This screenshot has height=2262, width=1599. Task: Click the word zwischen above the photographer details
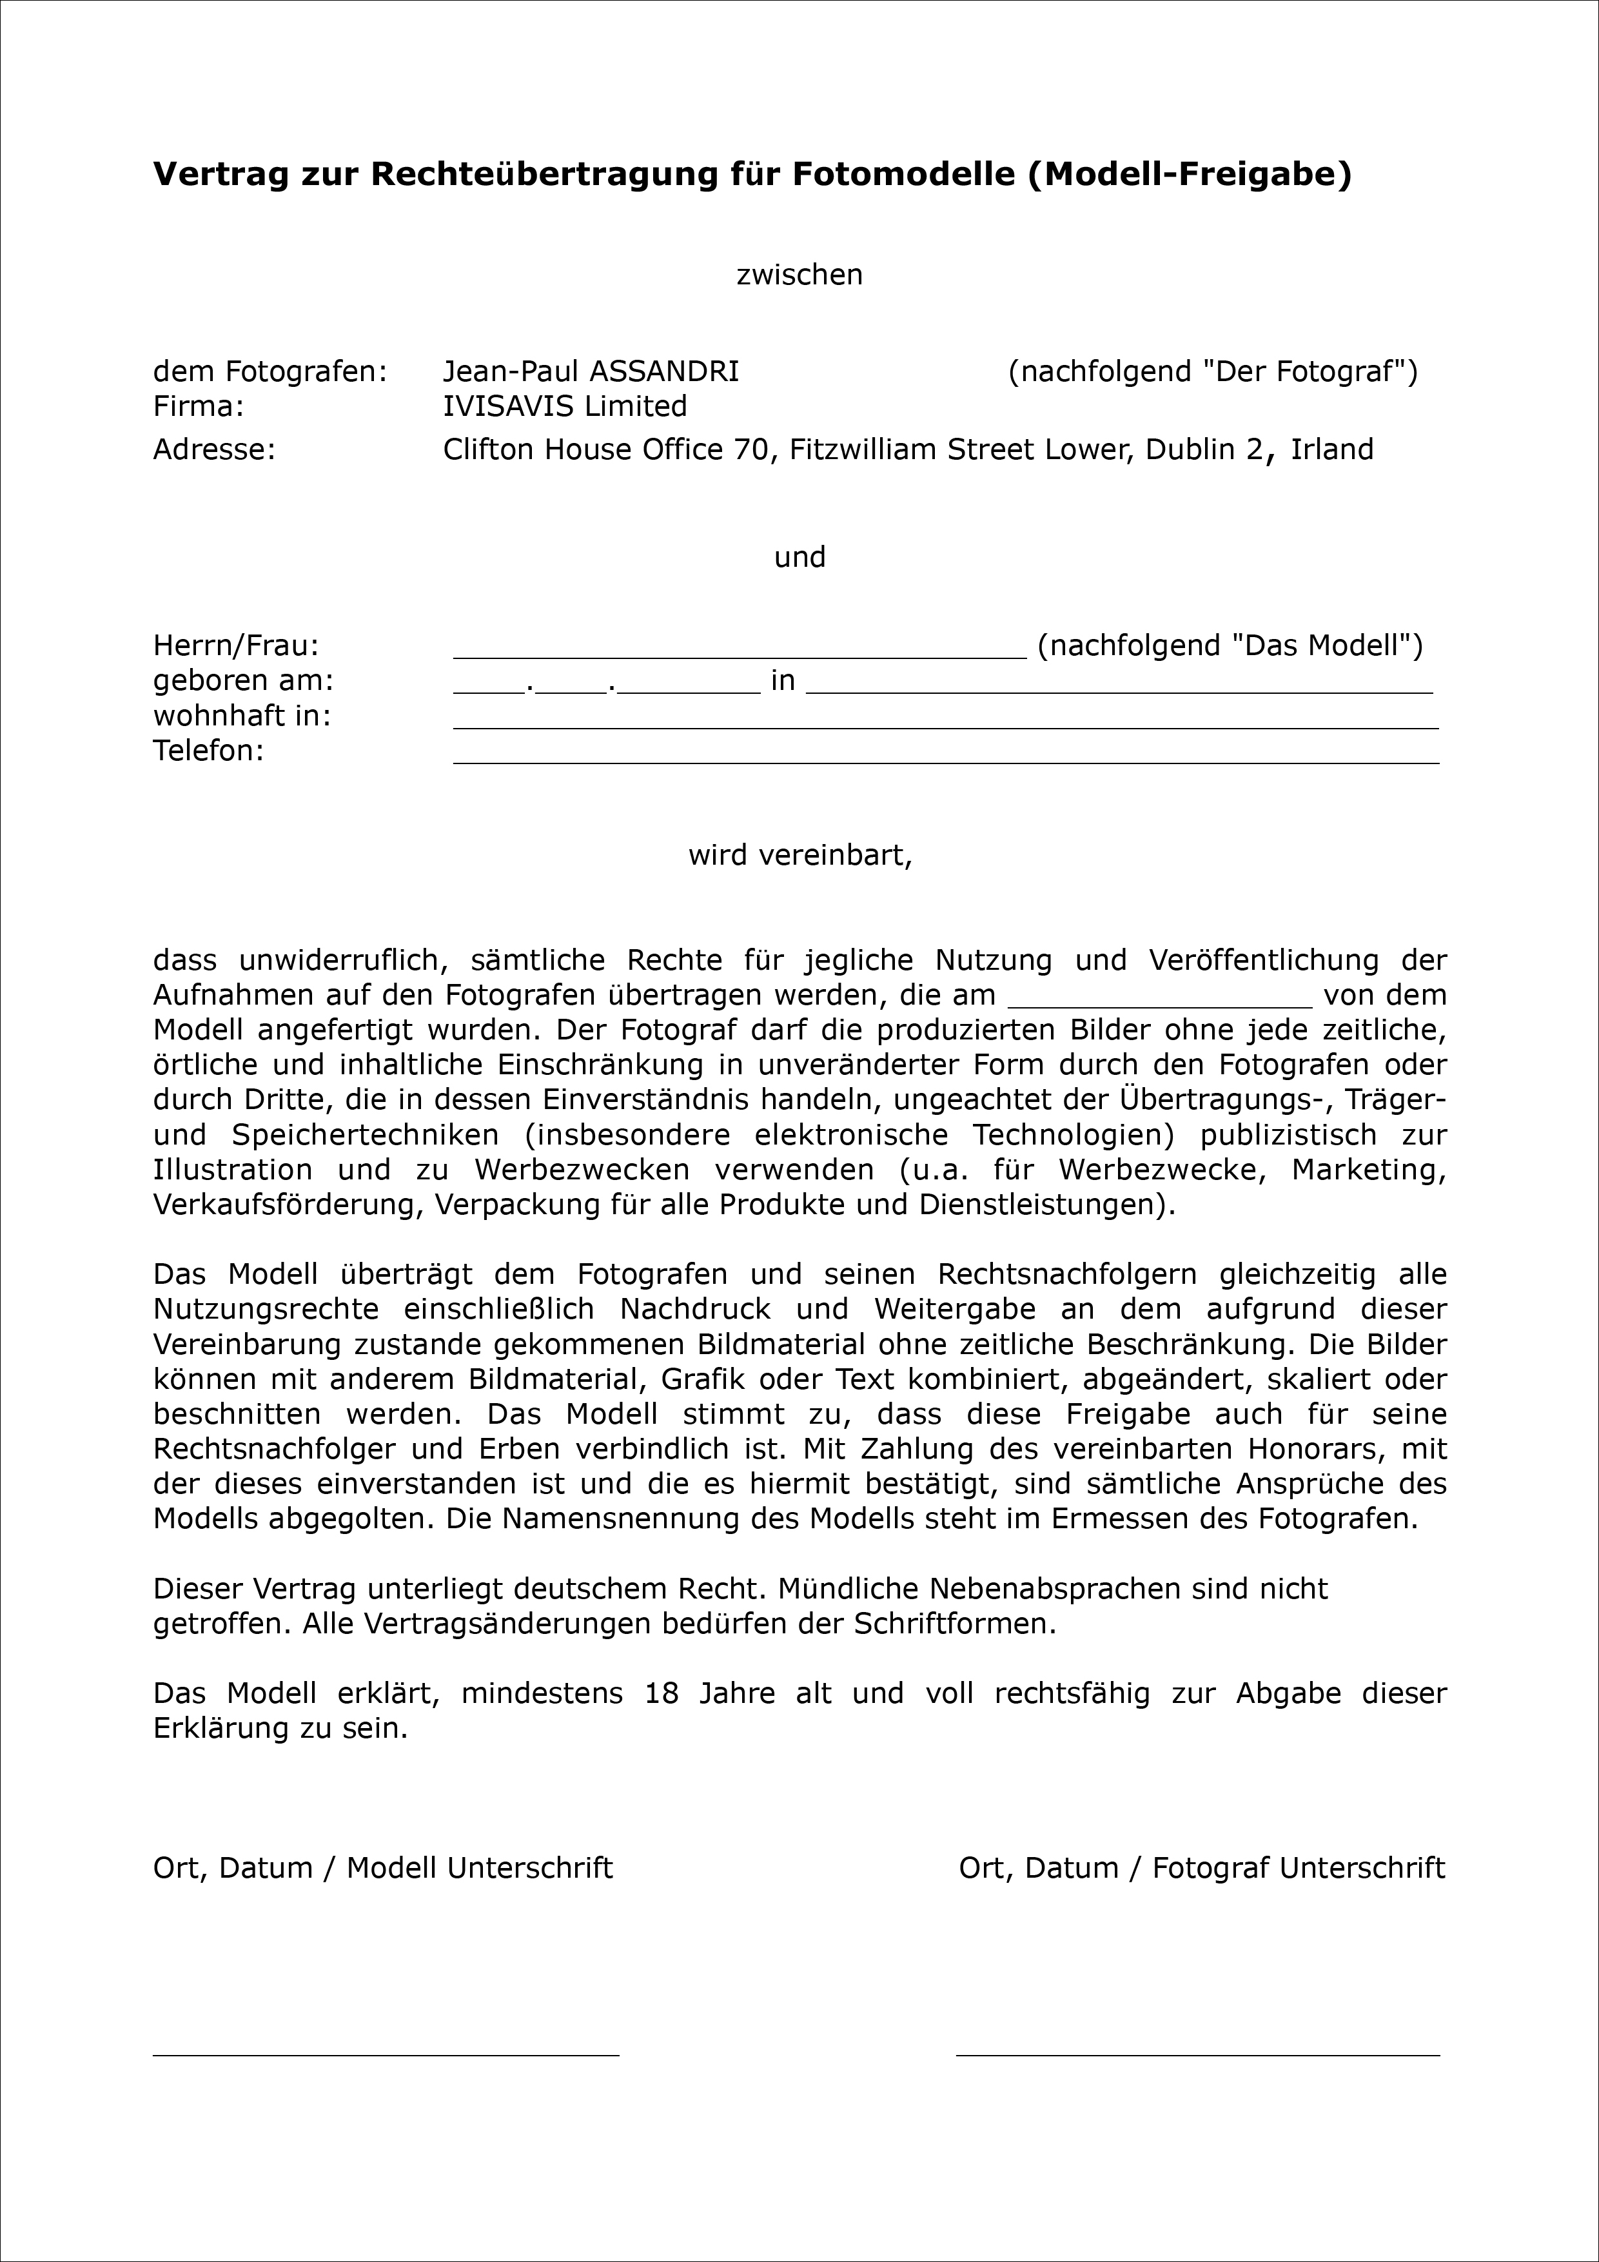click(799, 275)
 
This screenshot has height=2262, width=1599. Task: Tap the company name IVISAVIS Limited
click(565, 406)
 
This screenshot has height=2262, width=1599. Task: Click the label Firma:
click(198, 406)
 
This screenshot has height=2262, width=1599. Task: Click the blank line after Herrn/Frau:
click(739, 655)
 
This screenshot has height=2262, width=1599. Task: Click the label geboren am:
click(243, 681)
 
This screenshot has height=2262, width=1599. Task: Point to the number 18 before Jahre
click(662, 1693)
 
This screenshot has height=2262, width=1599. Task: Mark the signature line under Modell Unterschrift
click(385, 2054)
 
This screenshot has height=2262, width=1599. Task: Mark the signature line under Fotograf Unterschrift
click(1197, 2054)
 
